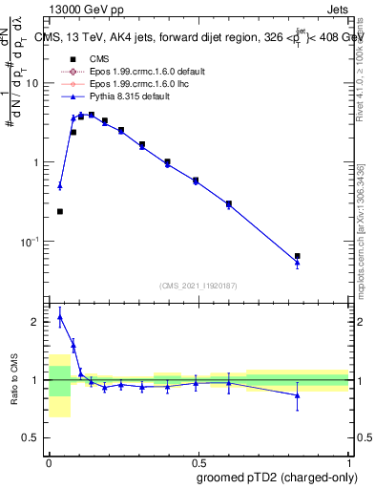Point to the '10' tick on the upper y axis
pyautogui.click(x=34, y=83)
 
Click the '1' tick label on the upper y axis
pyautogui.click(x=37, y=162)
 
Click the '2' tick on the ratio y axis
pyautogui.click(x=37, y=322)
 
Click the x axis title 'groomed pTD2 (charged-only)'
pyautogui.click(x=277, y=477)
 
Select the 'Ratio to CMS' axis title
pyautogui.click(x=13, y=380)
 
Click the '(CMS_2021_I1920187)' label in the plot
pyautogui.click(x=198, y=286)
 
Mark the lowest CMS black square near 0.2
pyautogui.click(x=60, y=211)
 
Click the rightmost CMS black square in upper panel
pyautogui.click(x=298, y=256)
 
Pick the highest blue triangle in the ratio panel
pyautogui.click(x=60, y=317)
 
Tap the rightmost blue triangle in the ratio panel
pyautogui.click(x=298, y=394)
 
